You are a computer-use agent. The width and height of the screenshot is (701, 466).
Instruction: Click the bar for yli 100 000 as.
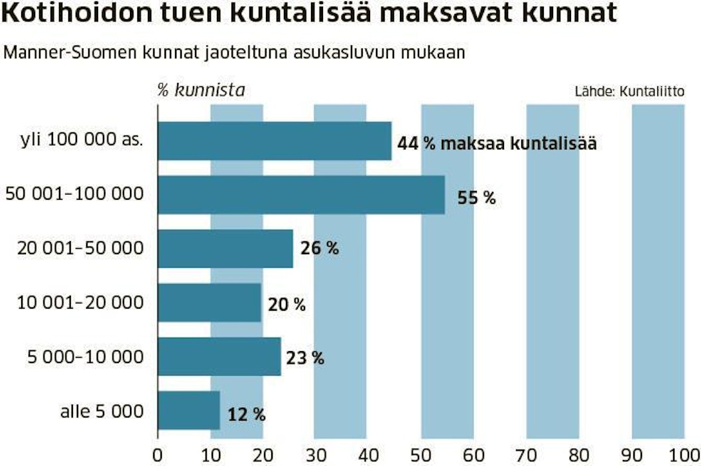275,141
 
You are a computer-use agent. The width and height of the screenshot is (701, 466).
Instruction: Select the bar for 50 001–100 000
301,195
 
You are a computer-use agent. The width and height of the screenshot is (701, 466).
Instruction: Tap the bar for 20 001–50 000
225,249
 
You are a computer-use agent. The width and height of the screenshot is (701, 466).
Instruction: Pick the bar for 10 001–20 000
210,303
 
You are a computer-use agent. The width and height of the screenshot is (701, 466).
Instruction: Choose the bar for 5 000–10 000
220,357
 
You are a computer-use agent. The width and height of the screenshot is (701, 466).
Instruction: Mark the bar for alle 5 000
189,411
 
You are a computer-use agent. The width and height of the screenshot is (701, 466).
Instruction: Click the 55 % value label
476,197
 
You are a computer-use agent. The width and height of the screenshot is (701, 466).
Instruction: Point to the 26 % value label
319,249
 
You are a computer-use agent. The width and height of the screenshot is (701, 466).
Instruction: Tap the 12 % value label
246,416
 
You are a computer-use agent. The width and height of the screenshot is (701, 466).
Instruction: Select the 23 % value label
305,358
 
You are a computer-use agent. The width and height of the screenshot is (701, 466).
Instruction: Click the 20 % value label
287,305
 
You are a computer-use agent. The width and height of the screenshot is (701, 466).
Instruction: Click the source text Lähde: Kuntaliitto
629,92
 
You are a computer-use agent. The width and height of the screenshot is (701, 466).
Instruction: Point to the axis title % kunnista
200,90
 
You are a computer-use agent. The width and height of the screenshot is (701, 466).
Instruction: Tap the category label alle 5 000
101,412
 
